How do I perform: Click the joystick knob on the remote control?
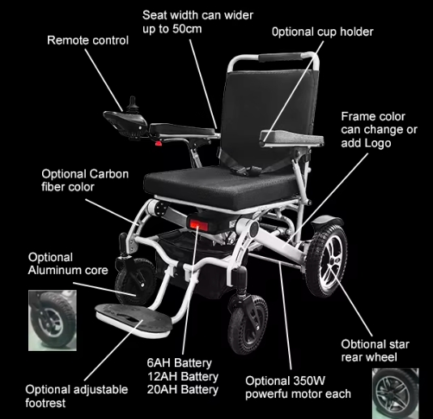pyautogui.click(x=132, y=102)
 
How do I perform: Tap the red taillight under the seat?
pyautogui.click(x=198, y=224)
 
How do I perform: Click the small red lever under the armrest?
pyautogui.click(x=159, y=143)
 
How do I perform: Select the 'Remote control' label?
pyautogui.click(x=88, y=41)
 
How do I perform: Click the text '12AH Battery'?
pyautogui.click(x=183, y=376)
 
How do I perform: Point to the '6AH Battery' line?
pyautogui.click(x=180, y=363)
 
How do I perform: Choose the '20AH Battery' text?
pyautogui.click(x=183, y=390)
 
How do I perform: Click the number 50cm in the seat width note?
pyautogui.click(x=187, y=28)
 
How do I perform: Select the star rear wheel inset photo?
pyautogui.click(x=396, y=393)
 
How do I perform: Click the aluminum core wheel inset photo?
pyautogui.click(x=53, y=321)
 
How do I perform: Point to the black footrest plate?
pyautogui.click(x=134, y=319)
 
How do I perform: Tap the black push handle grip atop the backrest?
pyautogui.click(x=280, y=58)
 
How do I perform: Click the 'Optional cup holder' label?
pyautogui.click(x=322, y=32)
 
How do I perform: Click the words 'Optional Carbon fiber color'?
pyautogui.click(x=85, y=180)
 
